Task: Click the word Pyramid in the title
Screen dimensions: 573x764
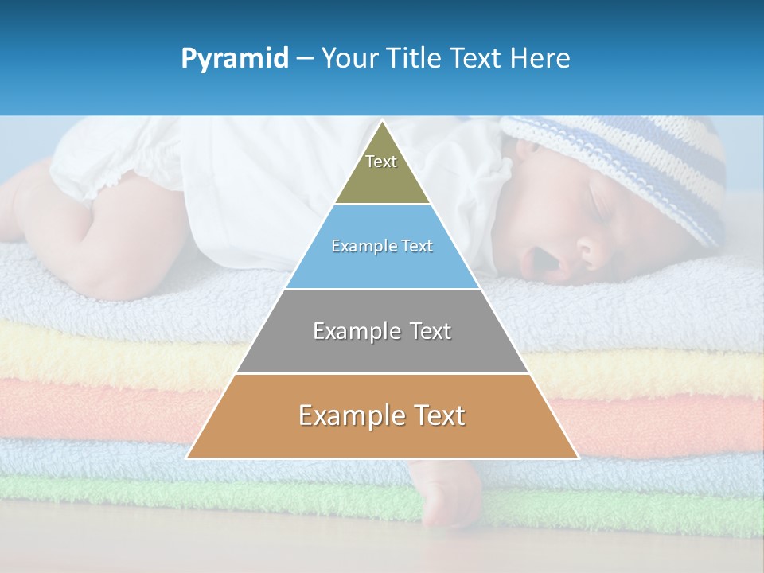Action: coord(235,59)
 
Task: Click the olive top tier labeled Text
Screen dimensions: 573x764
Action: coord(382,171)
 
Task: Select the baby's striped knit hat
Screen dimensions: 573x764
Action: coord(629,167)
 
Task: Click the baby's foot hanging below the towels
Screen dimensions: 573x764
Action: coord(450,501)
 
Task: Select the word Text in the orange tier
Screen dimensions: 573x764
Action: coord(438,415)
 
